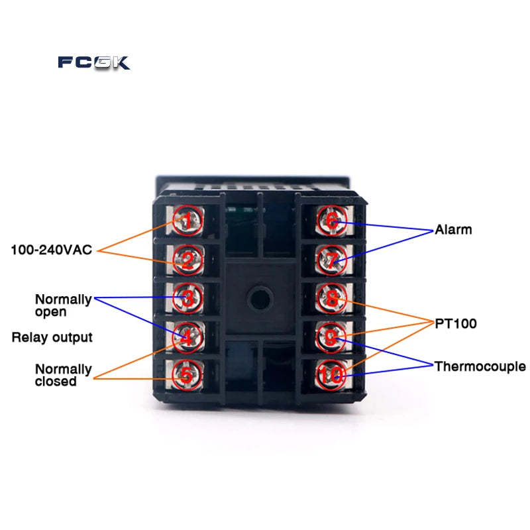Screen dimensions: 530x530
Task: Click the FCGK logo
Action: pyautogui.click(x=94, y=63)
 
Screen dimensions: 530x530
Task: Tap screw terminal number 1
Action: pyautogui.click(x=187, y=221)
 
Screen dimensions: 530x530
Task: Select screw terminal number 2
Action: pyautogui.click(x=187, y=259)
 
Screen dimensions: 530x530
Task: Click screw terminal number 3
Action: pyautogui.click(x=187, y=298)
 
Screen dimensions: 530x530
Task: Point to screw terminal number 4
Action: pyautogui.click(x=187, y=337)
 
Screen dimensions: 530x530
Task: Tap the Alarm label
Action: pyautogui.click(x=453, y=230)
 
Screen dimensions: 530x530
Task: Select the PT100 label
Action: pyautogui.click(x=456, y=324)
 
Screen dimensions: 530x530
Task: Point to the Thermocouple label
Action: pyautogui.click(x=480, y=366)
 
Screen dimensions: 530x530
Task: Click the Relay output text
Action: pyautogui.click(x=52, y=337)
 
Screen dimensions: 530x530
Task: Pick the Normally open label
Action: pyautogui.click(x=63, y=305)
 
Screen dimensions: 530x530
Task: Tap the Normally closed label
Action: pyautogui.click(x=63, y=375)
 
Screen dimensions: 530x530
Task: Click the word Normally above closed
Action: pyautogui.click(x=64, y=369)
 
